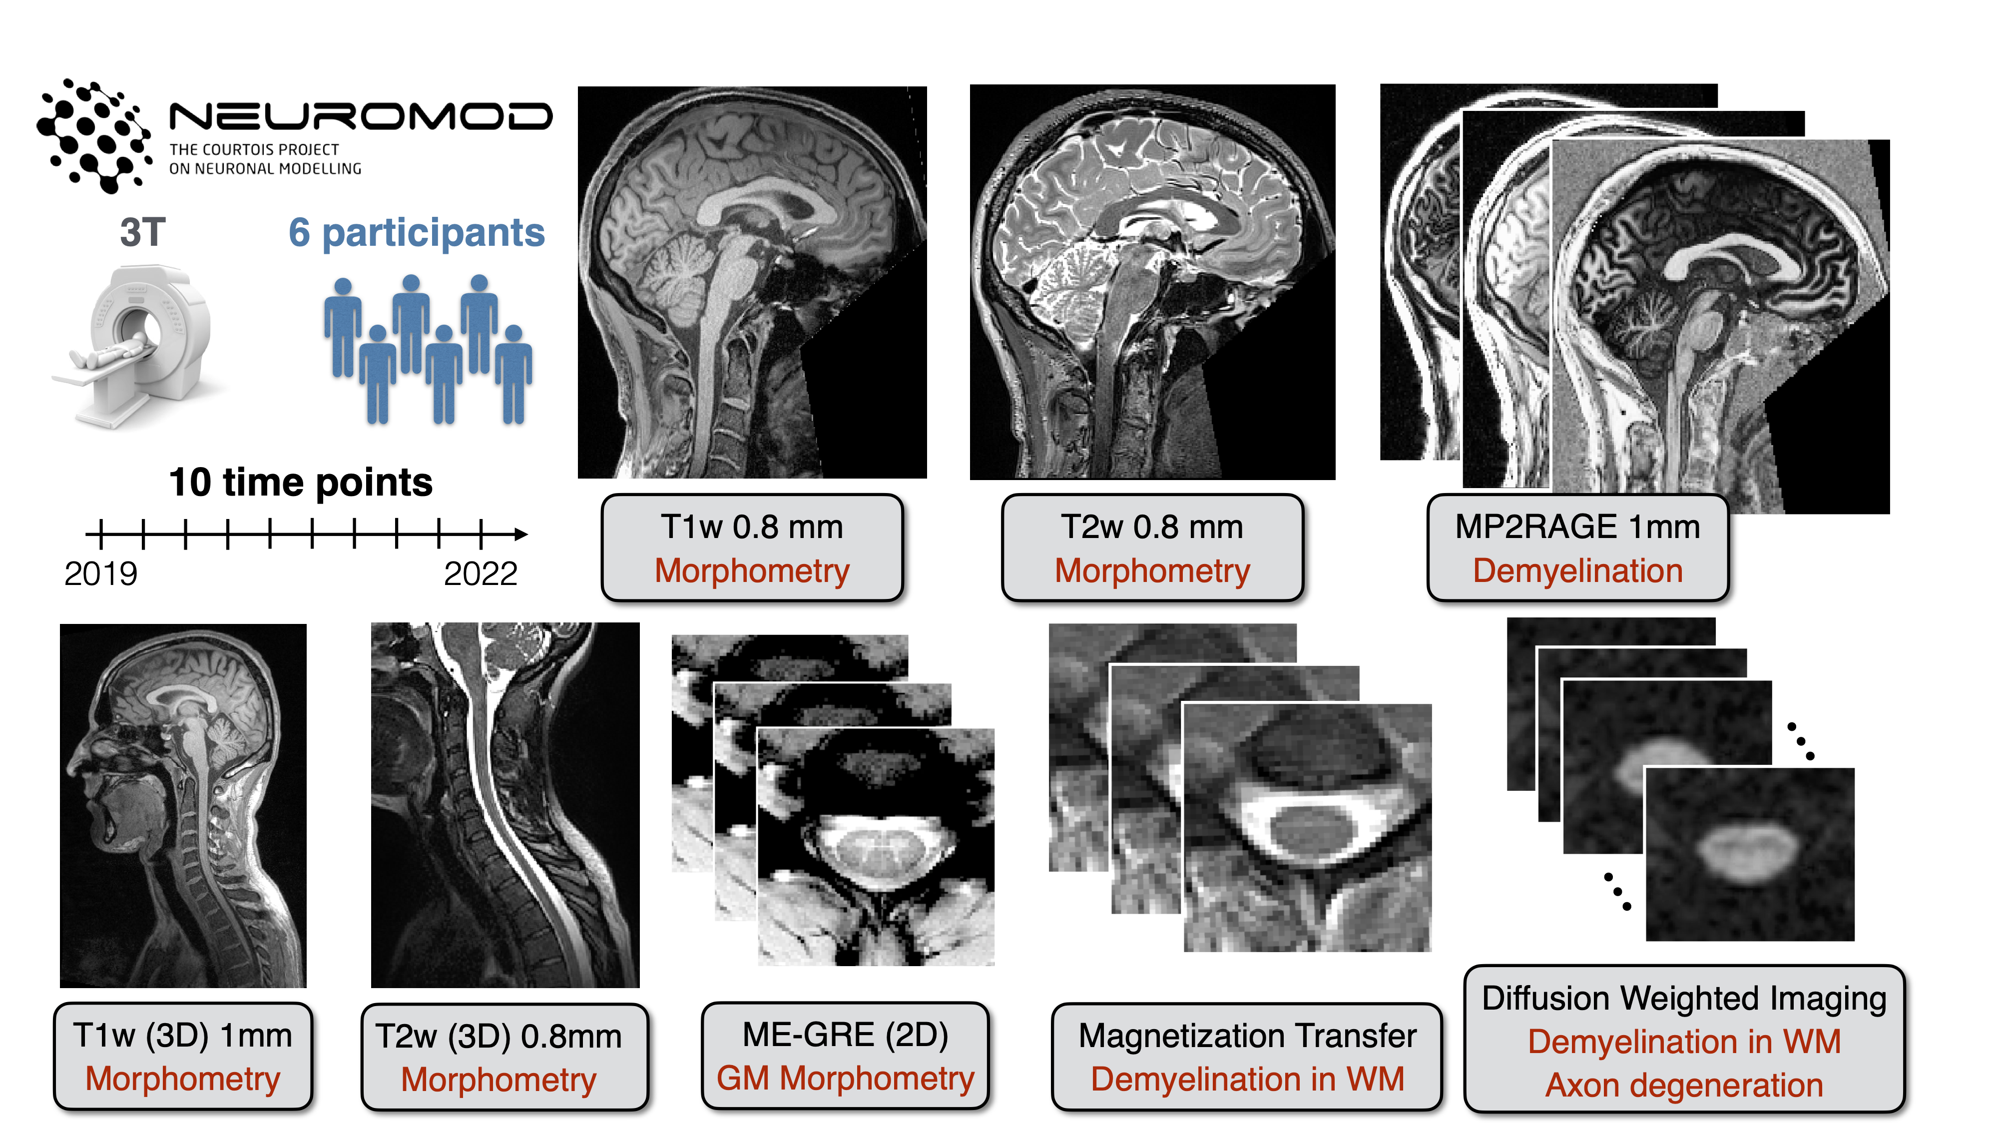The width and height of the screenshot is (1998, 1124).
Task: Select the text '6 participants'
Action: click(x=417, y=233)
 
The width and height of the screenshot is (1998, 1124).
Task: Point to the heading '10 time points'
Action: click(x=300, y=483)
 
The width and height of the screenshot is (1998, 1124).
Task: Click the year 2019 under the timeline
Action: click(x=101, y=574)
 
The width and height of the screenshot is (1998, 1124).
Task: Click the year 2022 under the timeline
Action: click(x=480, y=574)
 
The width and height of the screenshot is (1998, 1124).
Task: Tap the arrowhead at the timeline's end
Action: click(x=521, y=534)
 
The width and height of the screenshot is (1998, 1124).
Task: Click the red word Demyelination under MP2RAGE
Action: click(x=1577, y=571)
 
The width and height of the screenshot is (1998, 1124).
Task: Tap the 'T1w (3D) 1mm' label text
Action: click(x=183, y=1036)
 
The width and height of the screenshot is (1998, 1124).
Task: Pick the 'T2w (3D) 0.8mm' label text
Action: click(x=499, y=1037)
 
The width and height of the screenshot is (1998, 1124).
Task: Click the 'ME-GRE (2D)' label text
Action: click(x=845, y=1035)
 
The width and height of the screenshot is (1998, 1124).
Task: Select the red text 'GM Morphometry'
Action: click(x=845, y=1078)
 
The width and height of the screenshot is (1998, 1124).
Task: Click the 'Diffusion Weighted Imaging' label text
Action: click(x=1684, y=998)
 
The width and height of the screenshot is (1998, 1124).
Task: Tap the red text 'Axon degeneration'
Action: click(x=1684, y=1085)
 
